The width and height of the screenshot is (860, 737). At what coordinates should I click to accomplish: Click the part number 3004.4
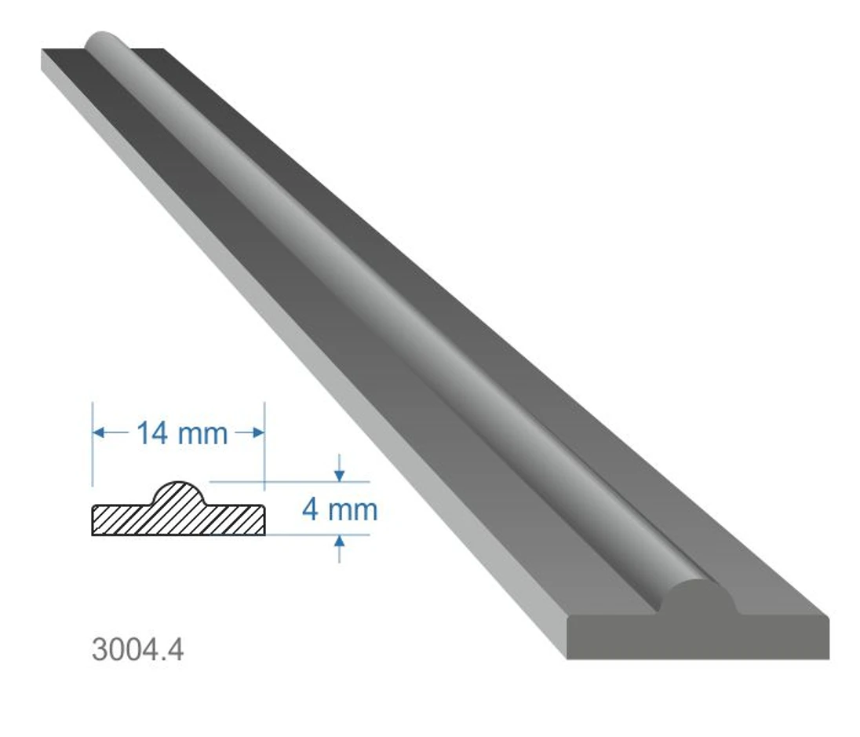coord(137,649)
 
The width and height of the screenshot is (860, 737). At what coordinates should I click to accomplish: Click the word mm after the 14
coord(202,433)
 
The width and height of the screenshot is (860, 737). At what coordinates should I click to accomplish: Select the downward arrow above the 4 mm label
coord(339,473)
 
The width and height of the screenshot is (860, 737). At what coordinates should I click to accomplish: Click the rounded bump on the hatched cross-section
coord(180,494)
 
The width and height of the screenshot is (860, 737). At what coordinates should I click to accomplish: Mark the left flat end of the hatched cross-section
coord(95,520)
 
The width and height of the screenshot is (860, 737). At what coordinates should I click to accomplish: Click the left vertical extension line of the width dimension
coord(93,455)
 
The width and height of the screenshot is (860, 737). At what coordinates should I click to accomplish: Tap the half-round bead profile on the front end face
coord(698,597)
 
